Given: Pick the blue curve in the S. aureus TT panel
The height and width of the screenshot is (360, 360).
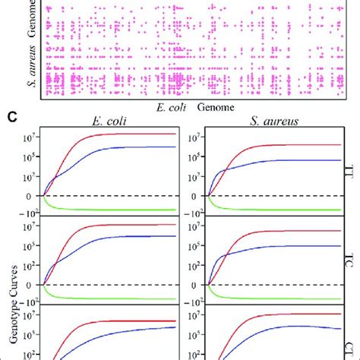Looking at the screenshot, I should [281, 160].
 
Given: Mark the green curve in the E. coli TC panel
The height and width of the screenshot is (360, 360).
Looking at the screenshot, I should [114, 298].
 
